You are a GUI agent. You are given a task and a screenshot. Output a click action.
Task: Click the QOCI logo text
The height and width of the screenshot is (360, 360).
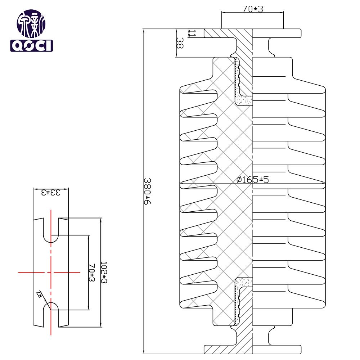tap(31, 46)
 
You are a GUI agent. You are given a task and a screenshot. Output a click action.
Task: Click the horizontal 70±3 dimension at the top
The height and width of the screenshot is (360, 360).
tap(252, 9)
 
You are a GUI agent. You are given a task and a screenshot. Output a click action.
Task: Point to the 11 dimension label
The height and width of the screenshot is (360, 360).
tap(192, 33)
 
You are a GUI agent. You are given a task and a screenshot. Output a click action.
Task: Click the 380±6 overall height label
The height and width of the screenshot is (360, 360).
tap(147, 191)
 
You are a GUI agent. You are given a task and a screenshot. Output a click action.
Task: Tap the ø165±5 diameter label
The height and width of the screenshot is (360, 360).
tap(253, 180)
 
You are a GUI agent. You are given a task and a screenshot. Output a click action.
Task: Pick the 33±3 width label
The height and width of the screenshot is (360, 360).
tap(50, 192)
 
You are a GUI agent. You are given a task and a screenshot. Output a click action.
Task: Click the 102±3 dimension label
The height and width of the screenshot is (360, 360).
tap(103, 272)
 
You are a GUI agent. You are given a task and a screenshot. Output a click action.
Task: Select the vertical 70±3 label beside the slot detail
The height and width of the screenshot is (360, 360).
tap(91, 273)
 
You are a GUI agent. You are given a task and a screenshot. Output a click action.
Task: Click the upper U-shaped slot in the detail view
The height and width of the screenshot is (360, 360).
tap(51, 230)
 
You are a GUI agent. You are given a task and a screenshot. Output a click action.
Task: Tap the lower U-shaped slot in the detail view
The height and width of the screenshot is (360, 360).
tap(51, 313)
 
